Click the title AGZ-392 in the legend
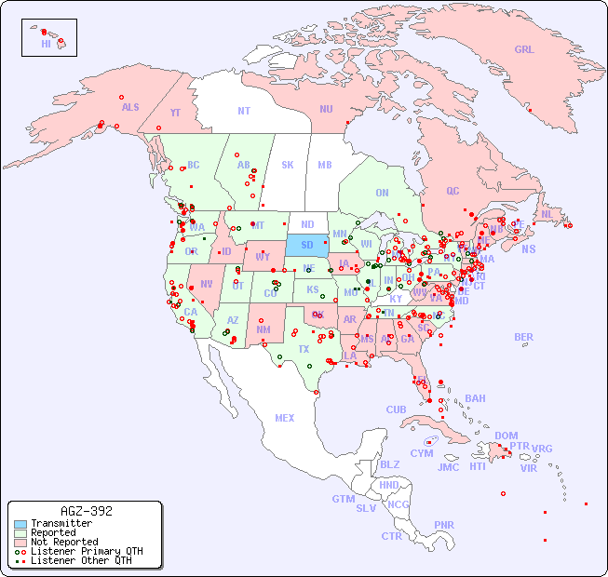coord(86,512)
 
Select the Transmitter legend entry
coord(61,524)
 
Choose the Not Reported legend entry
coord(63,542)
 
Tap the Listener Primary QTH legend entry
coord(86,551)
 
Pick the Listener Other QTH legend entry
coord(80,560)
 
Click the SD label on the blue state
coord(306,246)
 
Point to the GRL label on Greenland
coord(524,50)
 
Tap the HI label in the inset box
coord(46,44)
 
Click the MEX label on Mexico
coord(284,418)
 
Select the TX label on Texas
coord(303,349)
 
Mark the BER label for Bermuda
coord(523,337)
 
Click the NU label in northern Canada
coord(326,109)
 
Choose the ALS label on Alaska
coord(130,107)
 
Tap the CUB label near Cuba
coord(396,409)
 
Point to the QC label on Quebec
coord(453,191)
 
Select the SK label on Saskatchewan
coord(287,165)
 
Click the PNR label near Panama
coord(444,525)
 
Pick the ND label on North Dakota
coord(306,224)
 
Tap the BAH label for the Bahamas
coord(475,398)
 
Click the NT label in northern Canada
coord(243,110)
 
